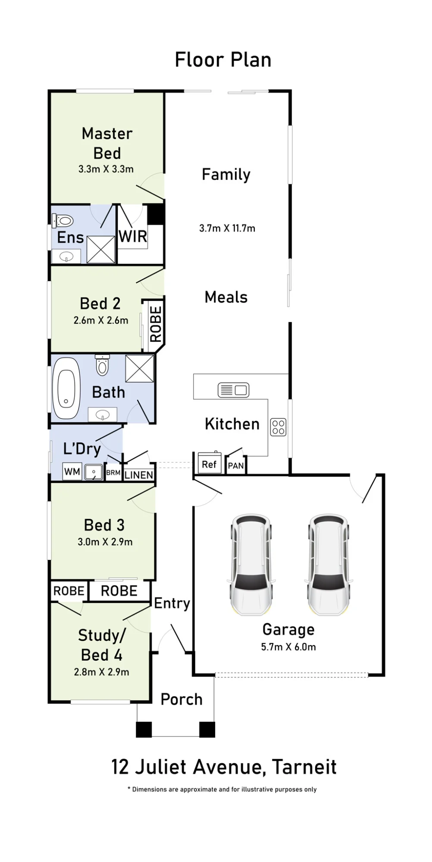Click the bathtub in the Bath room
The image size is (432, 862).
click(66, 388)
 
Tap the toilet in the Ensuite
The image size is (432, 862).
click(63, 221)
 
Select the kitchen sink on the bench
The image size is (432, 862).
click(233, 390)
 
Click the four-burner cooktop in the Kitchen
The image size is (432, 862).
click(278, 427)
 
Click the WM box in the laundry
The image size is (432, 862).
click(72, 472)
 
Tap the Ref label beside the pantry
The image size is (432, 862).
click(209, 464)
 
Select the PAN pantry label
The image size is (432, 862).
click(236, 466)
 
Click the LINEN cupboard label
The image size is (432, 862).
click(139, 475)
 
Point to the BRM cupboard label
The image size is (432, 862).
click(113, 473)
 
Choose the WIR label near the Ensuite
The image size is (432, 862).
click(133, 237)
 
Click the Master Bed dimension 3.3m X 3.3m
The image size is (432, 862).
click(106, 169)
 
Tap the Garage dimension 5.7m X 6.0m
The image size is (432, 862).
click(288, 647)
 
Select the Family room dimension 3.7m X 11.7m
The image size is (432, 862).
click(227, 228)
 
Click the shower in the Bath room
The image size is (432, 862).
click(140, 369)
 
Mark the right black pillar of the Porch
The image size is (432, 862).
click(207, 729)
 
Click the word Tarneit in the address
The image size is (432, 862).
click(304, 767)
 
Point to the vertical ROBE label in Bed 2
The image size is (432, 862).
click(156, 324)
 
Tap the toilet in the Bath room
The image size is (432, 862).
click(102, 365)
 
